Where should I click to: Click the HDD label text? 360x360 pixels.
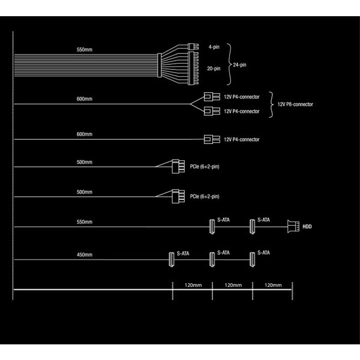click(307, 227)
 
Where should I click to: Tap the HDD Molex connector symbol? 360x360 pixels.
click(293, 226)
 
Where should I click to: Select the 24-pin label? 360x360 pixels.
click(239, 65)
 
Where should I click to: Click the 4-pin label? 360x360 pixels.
click(214, 47)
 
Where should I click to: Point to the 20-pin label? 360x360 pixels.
click(214, 68)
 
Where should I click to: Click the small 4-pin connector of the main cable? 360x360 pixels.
click(193, 47)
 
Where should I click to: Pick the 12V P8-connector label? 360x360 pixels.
click(295, 104)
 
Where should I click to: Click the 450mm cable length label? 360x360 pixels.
click(85, 254)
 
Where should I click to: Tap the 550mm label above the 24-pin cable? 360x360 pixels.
click(85, 50)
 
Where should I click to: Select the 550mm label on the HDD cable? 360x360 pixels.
click(85, 222)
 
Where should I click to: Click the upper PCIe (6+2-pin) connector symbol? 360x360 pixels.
click(178, 166)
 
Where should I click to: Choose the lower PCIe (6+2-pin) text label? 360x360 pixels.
click(205, 197)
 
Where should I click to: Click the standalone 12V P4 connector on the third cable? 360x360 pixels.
click(212, 139)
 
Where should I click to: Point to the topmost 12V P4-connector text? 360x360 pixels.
click(242, 97)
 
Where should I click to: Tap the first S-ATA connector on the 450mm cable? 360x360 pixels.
click(171, 259)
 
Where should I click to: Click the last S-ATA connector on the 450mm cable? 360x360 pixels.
click(253, 259)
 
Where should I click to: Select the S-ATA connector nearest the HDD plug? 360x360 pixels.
click(253, 227)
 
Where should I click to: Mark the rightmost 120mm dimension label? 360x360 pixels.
click(273, 285)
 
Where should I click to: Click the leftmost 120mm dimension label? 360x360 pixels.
click(193, 285)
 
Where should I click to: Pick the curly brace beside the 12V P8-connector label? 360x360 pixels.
click(271, 104)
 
